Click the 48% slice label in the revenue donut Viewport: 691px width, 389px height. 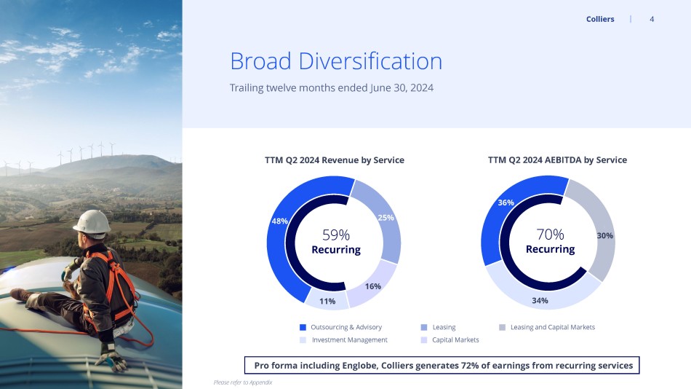(x=279, y=221)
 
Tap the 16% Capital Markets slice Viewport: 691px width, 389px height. (x=373, y=284)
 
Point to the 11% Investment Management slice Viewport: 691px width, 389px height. (x=327, y=300)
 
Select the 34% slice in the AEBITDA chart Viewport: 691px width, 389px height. (x=540, y=296)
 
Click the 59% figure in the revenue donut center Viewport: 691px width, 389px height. (x=336, y=235)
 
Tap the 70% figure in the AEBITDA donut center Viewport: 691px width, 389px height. (x=550, y=234)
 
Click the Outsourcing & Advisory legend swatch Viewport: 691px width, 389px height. (x=303, y=327)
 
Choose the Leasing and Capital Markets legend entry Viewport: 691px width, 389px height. (x=547, y=327)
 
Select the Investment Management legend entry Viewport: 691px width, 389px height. (x=344, y=340)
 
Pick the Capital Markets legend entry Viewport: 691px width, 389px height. (x=450, y=340)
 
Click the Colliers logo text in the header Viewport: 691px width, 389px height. (x=600, y=19)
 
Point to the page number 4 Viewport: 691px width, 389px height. (x=652, y=19)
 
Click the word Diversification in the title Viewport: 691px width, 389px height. (x=370, y=61)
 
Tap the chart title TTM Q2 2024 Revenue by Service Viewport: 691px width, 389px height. (x=335, y=160)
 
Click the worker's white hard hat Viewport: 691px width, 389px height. (x=92, y=221)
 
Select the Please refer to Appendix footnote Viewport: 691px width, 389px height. (x=243, y=382)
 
